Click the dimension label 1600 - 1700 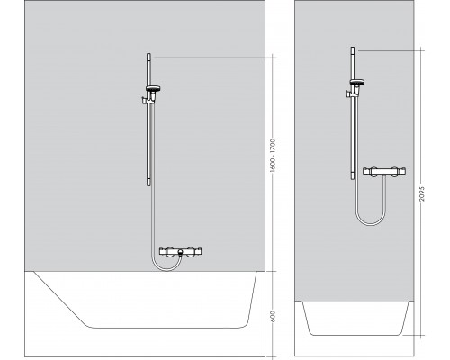point(273,155)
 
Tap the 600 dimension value point(273,317)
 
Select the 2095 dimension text point(422,193)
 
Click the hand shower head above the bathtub point(153,89)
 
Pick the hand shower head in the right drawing point(357,82)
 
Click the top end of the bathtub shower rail point(148,54)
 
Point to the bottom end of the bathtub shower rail point(148,185)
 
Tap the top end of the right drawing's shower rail point(353,48)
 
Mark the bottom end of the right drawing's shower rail point(353,179)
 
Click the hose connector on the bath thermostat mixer point(180,252)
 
